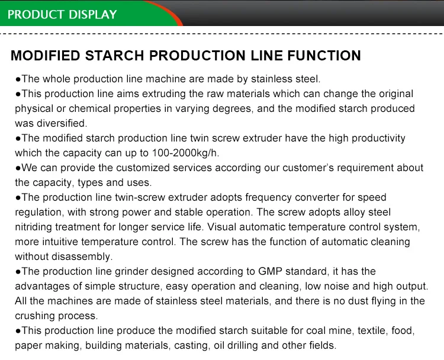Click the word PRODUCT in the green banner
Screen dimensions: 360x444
pyautogui.click(x=34, y=14)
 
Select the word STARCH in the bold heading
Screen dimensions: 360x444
pyautogui.click(x=115, y=56)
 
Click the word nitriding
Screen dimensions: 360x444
pyautogui.click(x=33, y=227)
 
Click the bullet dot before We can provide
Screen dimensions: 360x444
pyautogui.click(x=18, y=168)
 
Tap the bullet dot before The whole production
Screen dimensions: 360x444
pyautogui.click(x=18, y=79)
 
